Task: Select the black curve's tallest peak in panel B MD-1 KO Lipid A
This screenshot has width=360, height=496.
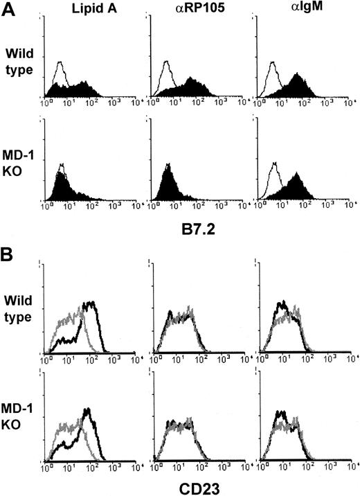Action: pyautogui.click(x=87, y=410)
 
